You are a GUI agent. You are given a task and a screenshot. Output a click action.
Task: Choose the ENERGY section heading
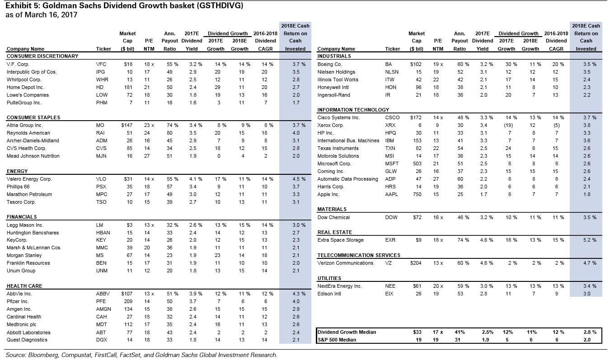pyautogui.click(x=17, y=171)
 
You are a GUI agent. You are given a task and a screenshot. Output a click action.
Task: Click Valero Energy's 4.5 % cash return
pyautogui.click(x=295, y=179)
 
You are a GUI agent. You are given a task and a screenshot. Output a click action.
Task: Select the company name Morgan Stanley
pyautogui.click(x=22, y=256)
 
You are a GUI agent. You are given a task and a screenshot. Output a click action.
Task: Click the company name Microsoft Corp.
pyautogui.click(x=334, y=164)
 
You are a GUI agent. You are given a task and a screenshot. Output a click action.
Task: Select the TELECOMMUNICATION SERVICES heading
pyautogui.click(x=359, y=255)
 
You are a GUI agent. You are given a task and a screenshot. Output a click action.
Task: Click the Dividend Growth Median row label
pyautogui.click(x=347, y=332)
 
